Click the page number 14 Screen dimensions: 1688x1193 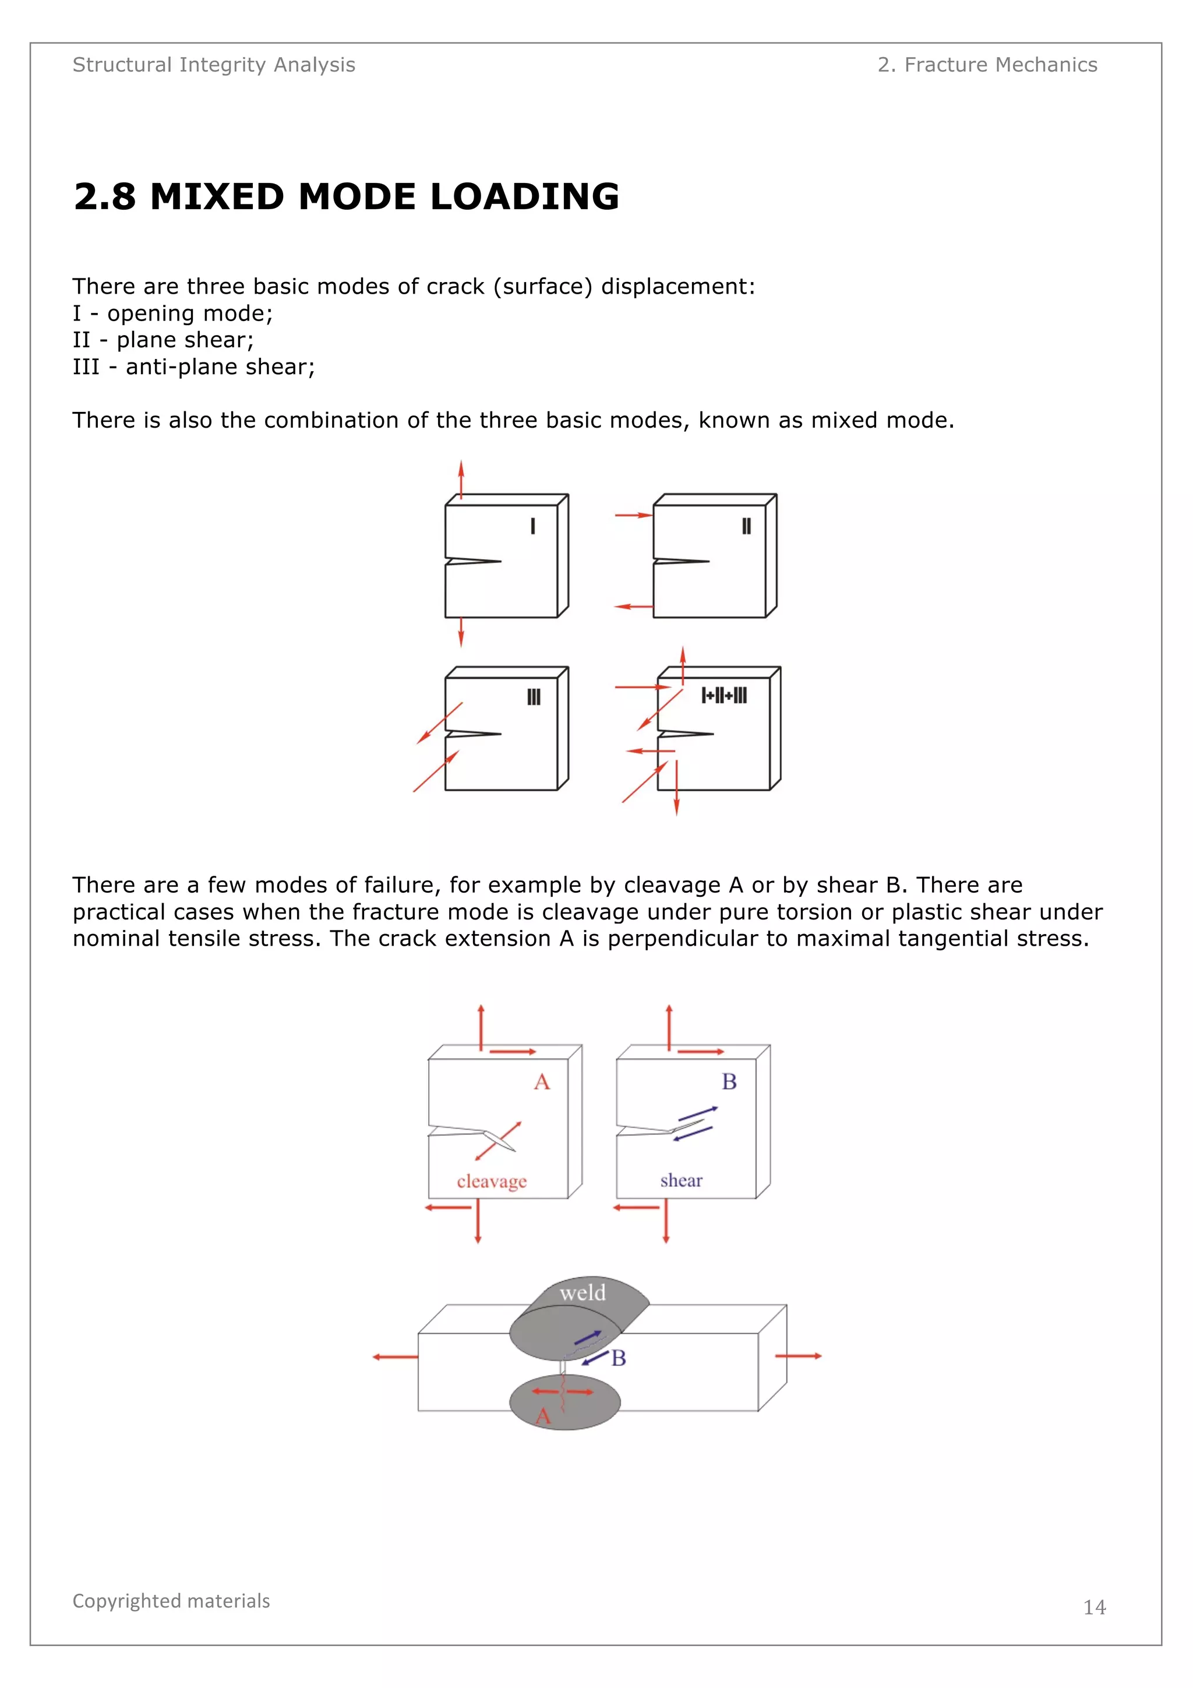[1094, 1607]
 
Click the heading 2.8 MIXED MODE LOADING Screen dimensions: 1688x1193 [346, 197]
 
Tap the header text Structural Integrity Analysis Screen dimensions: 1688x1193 [213, 65]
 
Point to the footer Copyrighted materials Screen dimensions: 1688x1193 [171, 1601]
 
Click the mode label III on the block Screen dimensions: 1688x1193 [534, 697]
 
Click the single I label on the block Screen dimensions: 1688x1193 [533, 526]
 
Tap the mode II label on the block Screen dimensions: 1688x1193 [746, 526]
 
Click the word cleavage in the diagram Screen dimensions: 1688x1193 [492, 1182]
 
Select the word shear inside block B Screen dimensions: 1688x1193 [680, 1180]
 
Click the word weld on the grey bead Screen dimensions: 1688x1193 [582, 1293]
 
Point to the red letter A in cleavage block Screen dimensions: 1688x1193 [542, 1082]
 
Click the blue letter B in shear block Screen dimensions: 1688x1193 [729, 1081]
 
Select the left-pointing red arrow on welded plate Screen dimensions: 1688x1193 [395, 1356]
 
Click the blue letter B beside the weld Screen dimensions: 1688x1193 [619, 1358]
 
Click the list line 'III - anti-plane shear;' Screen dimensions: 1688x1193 [193, 367]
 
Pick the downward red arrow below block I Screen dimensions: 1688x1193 [461, 632]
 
